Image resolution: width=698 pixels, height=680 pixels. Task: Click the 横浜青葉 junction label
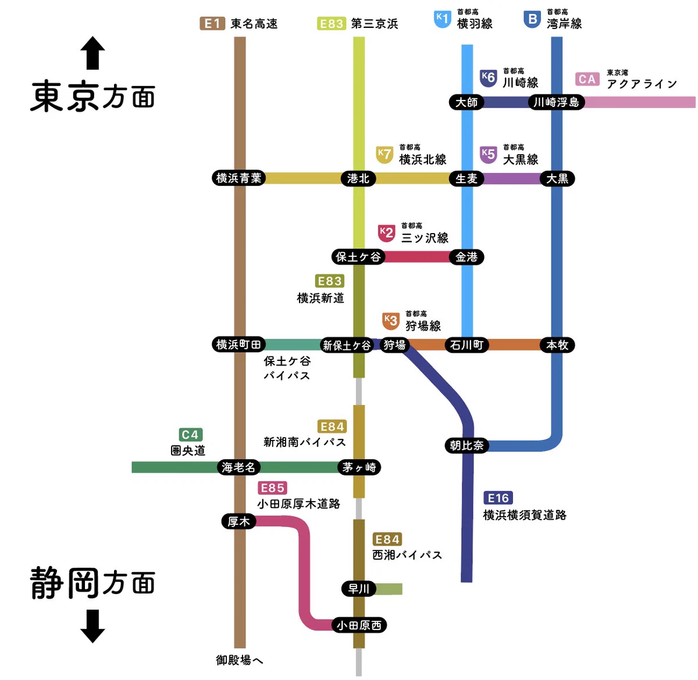[x=238, y=178]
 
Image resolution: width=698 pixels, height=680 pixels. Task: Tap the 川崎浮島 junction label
[x=556, y=102]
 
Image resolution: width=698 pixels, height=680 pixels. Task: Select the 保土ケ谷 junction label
[x=358, y=257]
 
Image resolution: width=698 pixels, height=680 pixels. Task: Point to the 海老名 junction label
[x=238, y=467]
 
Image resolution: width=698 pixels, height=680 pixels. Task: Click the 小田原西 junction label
[x=359, y=625]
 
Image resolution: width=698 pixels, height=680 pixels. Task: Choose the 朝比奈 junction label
[x=466, y=446]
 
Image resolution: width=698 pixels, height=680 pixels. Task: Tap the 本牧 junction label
[x=557, y=345]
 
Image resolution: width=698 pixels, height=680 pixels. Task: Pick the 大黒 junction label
[x=557, y=178]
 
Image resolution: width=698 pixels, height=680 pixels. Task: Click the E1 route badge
[x=212, y=24]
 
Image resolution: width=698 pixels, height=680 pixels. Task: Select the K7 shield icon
[x=384, y=155]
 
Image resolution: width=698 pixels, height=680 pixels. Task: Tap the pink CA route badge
[x=587, y=80]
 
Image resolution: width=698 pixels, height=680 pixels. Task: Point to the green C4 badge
[x=190, y=435]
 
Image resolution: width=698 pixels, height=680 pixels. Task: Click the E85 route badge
[x=272, y=488]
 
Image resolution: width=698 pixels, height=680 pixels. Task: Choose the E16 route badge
[x=498, y=498]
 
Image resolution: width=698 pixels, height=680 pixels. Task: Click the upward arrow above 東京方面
[x=92, y=53]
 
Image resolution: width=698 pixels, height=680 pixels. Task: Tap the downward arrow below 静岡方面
[x=92, y=626]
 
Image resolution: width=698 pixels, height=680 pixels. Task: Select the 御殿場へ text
[x=239, y=660]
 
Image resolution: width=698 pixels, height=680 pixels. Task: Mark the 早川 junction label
[x=358, y=589]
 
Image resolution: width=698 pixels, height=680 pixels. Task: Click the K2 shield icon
[x=386, y=233]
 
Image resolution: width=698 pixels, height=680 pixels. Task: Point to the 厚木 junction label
[x=238, y=521]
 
